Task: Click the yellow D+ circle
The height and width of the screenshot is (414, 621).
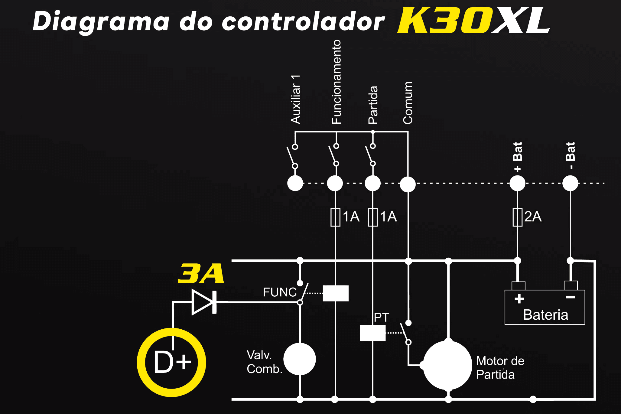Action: (171, 362)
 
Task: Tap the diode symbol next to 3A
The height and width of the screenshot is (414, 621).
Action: (204, 302)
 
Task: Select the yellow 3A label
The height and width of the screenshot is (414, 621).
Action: (201, 273)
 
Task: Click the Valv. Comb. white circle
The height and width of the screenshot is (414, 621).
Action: (300, 359)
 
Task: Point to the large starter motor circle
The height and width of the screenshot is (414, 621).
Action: (447, 365)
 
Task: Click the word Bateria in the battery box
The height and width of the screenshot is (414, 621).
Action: (546, 315)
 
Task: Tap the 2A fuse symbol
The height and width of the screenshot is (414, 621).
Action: (518, 217)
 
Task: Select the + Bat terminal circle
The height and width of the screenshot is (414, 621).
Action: (517, 183)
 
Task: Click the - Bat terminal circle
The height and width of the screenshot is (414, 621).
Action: (570, 183)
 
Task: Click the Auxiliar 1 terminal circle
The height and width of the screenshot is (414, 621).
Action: (295, 183)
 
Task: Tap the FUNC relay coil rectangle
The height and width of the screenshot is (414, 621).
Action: (336, 293)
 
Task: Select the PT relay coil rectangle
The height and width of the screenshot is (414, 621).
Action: (372, 333)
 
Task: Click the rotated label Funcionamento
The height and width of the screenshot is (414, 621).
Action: (337, 82)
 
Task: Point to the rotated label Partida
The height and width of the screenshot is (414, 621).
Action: (373, 105)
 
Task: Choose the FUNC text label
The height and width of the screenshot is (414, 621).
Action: (280, 292)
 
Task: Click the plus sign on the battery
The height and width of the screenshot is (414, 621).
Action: (519, 299)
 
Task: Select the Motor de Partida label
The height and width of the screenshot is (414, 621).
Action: (500, 368)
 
